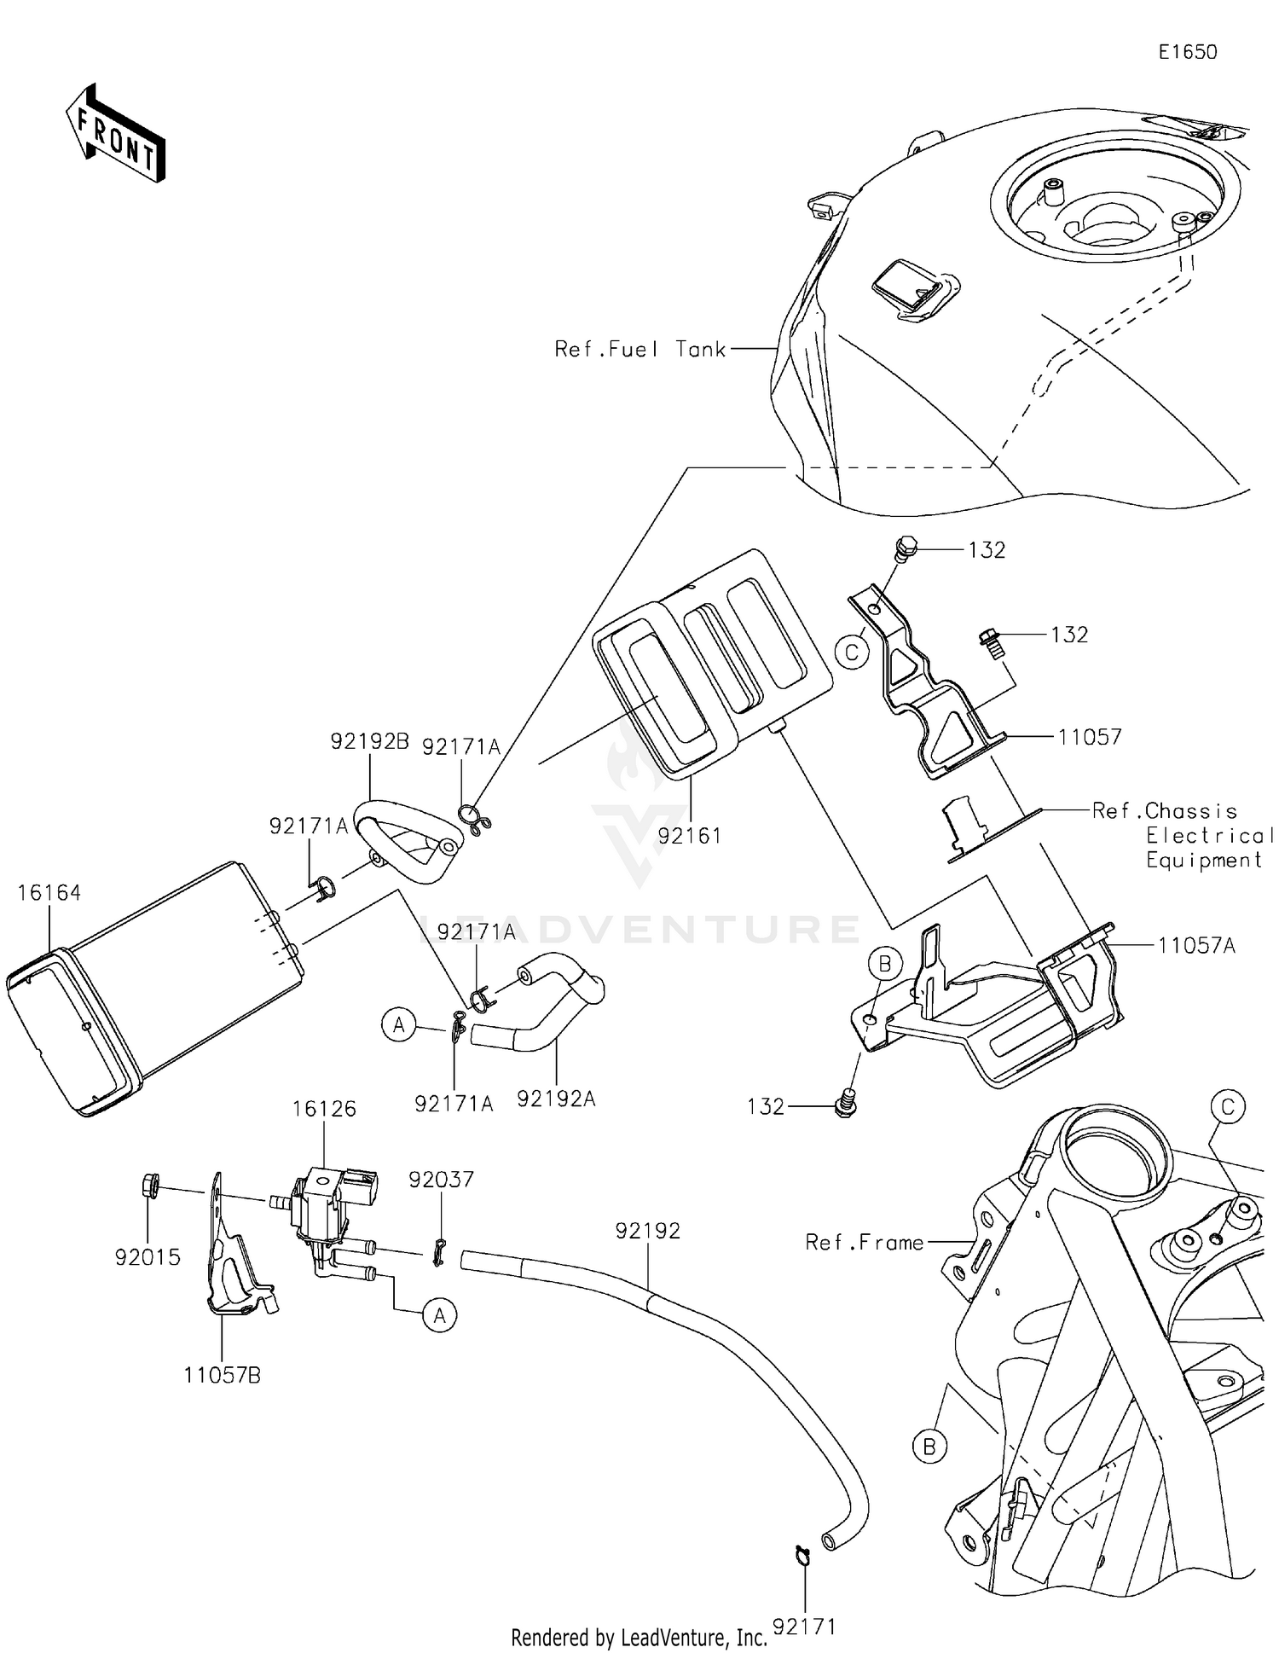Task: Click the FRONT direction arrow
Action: pyautogui.click(x=115, y=134)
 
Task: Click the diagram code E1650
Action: pyautogui.click(x=1187, y=52)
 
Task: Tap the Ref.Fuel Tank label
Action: pyautogui.click(x=639, y=349)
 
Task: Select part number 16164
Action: pyautogui.click(x=49, y=893)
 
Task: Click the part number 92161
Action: pyautogui.click(x=689, y=836)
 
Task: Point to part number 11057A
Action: pyautogui.click(x=1196, y=945)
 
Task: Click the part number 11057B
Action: pyautogui.click(x=222, y=1375)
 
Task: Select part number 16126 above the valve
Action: pyautogui.click(x=324, y=1109)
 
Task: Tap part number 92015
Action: pyautogui.click(x=148, y=1257)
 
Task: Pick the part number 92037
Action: pyautogui.click(x=441, y=1180)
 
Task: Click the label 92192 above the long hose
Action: pyautogui.click(x=648, y=1231)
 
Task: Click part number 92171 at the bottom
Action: pyautogui.click(x=804, y=1627)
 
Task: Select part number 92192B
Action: pyautogui.click(x=370, y=741)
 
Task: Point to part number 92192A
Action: pyautogui.click(x=556, y=1099)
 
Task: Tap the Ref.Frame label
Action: pyautogui.click(x=865, y=1243)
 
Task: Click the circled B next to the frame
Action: pyautogui.click(x=929, y=1447)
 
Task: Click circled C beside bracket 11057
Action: pyautogui.click(x=852, y=653)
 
